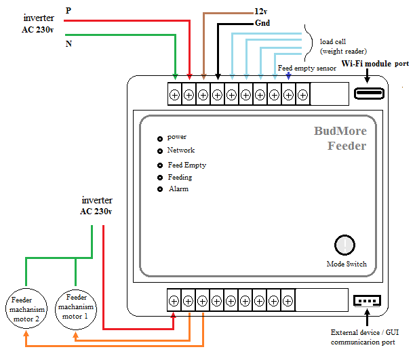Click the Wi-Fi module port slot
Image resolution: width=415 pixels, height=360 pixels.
(369, 94)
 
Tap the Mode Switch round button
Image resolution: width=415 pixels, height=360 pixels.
(344, 245)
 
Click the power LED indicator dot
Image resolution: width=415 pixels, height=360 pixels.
(160, 139)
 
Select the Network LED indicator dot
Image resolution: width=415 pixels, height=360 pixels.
(160, 151)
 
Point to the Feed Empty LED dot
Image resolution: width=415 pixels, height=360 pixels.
(160, 165)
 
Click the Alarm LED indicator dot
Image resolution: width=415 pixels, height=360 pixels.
(160, 189)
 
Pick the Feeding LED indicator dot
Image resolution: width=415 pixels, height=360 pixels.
(160, 178)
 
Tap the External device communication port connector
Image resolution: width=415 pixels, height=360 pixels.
(367, 301)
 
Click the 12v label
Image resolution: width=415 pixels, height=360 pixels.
(260, 12)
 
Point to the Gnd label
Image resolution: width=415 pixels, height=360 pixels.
(262, 23)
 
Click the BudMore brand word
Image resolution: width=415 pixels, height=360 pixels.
(340, 131)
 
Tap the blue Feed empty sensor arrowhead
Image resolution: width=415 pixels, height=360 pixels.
(288, 76)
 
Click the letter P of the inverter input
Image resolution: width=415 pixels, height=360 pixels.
(68, 11)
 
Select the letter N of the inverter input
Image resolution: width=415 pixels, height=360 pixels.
(68, 43)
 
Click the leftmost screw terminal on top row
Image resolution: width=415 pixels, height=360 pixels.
(174, 95)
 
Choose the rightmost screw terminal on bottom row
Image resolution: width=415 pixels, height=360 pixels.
(288, 301)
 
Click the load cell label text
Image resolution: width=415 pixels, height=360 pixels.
(333, 42)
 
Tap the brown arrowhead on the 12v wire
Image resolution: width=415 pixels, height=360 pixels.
(203, 77)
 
